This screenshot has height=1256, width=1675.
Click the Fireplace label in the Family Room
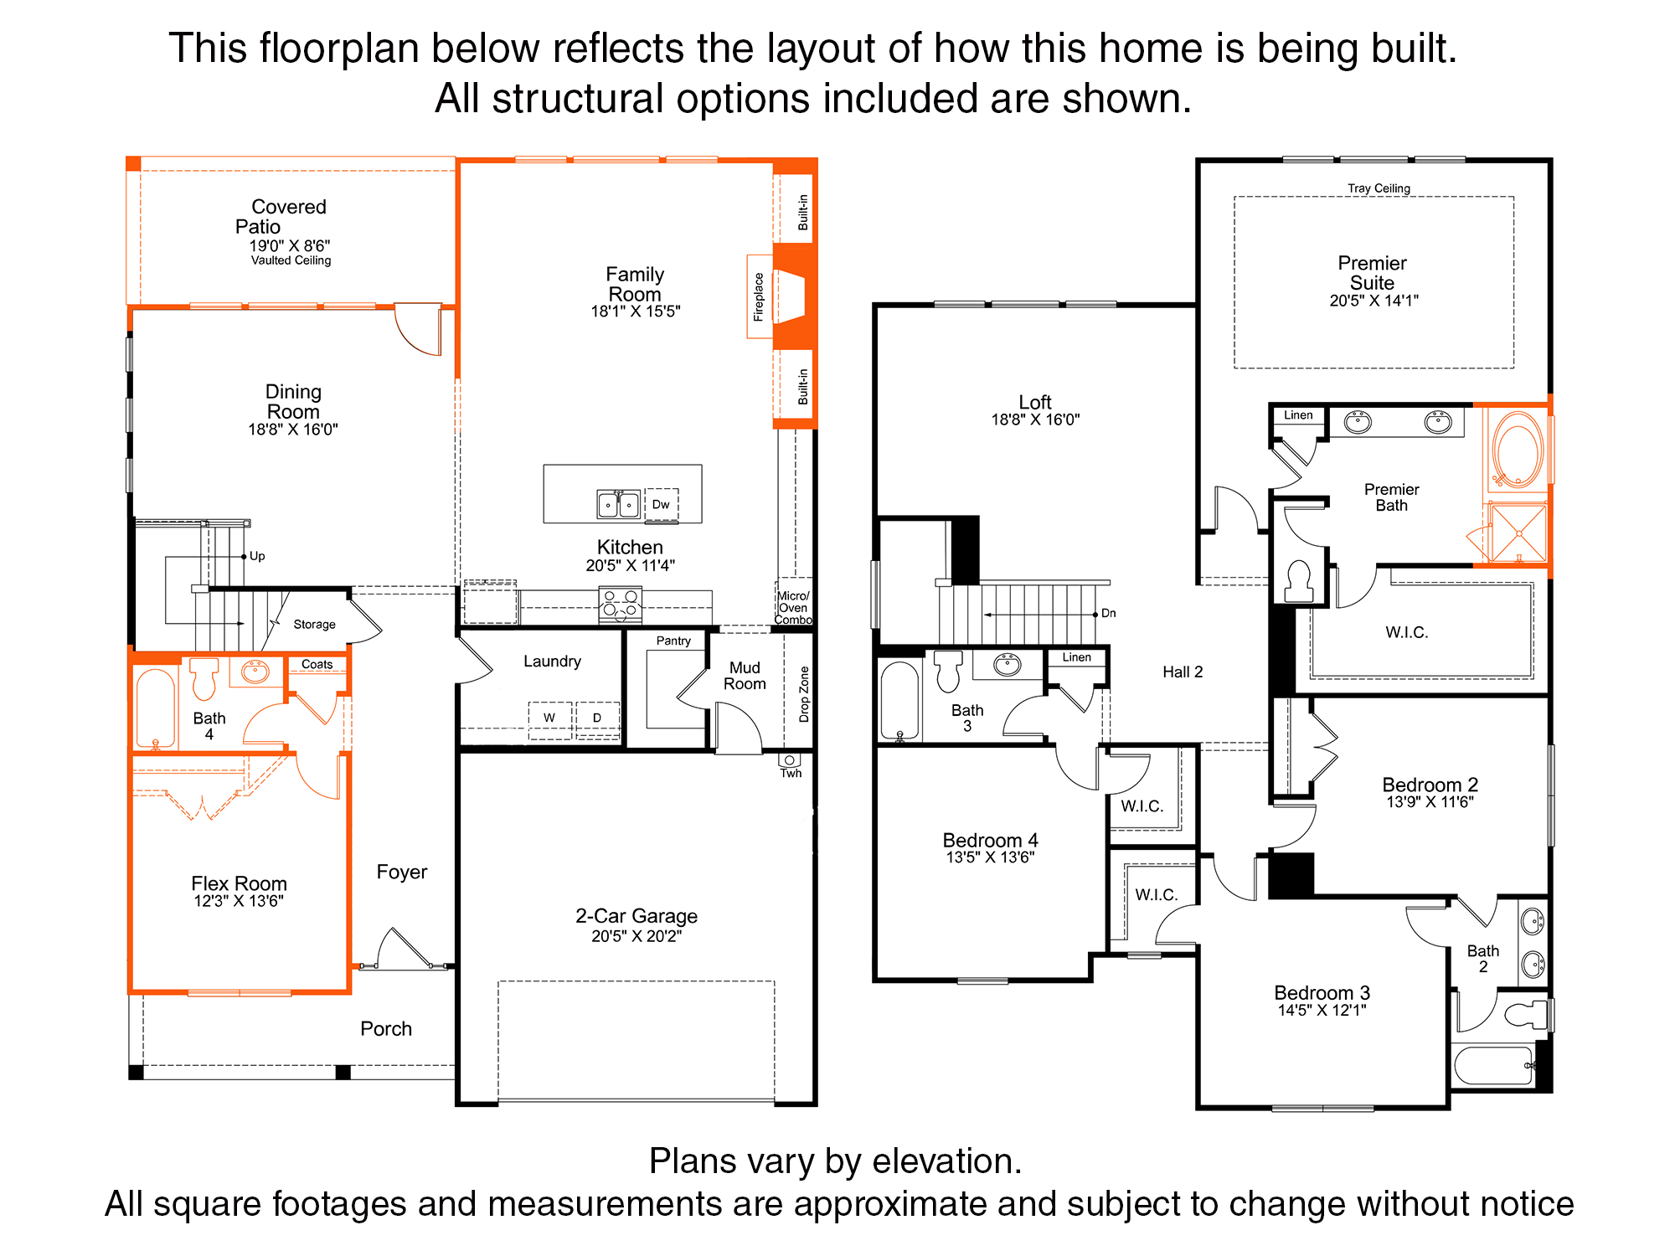point(759,296)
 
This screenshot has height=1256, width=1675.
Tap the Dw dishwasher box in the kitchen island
point(662,505)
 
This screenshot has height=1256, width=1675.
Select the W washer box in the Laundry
point(549,718)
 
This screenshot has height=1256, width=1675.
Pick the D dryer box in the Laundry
point(597,718)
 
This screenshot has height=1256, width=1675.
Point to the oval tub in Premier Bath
point(1518,449)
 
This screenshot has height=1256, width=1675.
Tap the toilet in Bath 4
point(204,677)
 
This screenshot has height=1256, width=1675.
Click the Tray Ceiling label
point(1379,188)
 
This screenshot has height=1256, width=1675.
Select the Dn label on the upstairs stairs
point(1109,613)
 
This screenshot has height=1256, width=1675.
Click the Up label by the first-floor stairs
point(257,556)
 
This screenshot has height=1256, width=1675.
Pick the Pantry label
point(673,641)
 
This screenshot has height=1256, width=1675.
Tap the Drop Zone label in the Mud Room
point(804,694)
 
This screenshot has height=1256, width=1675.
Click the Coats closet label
point(317,664)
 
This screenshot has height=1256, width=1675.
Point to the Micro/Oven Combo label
point(793,608)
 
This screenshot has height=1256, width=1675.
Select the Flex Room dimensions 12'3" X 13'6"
point(239,901)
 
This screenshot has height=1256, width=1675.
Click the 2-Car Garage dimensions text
point(636,936)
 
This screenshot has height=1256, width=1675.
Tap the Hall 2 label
point(1183,672)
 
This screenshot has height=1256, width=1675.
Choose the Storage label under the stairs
point(314,625)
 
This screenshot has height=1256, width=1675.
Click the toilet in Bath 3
point(948,671)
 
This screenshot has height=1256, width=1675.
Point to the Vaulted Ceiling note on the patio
point(291,260)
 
